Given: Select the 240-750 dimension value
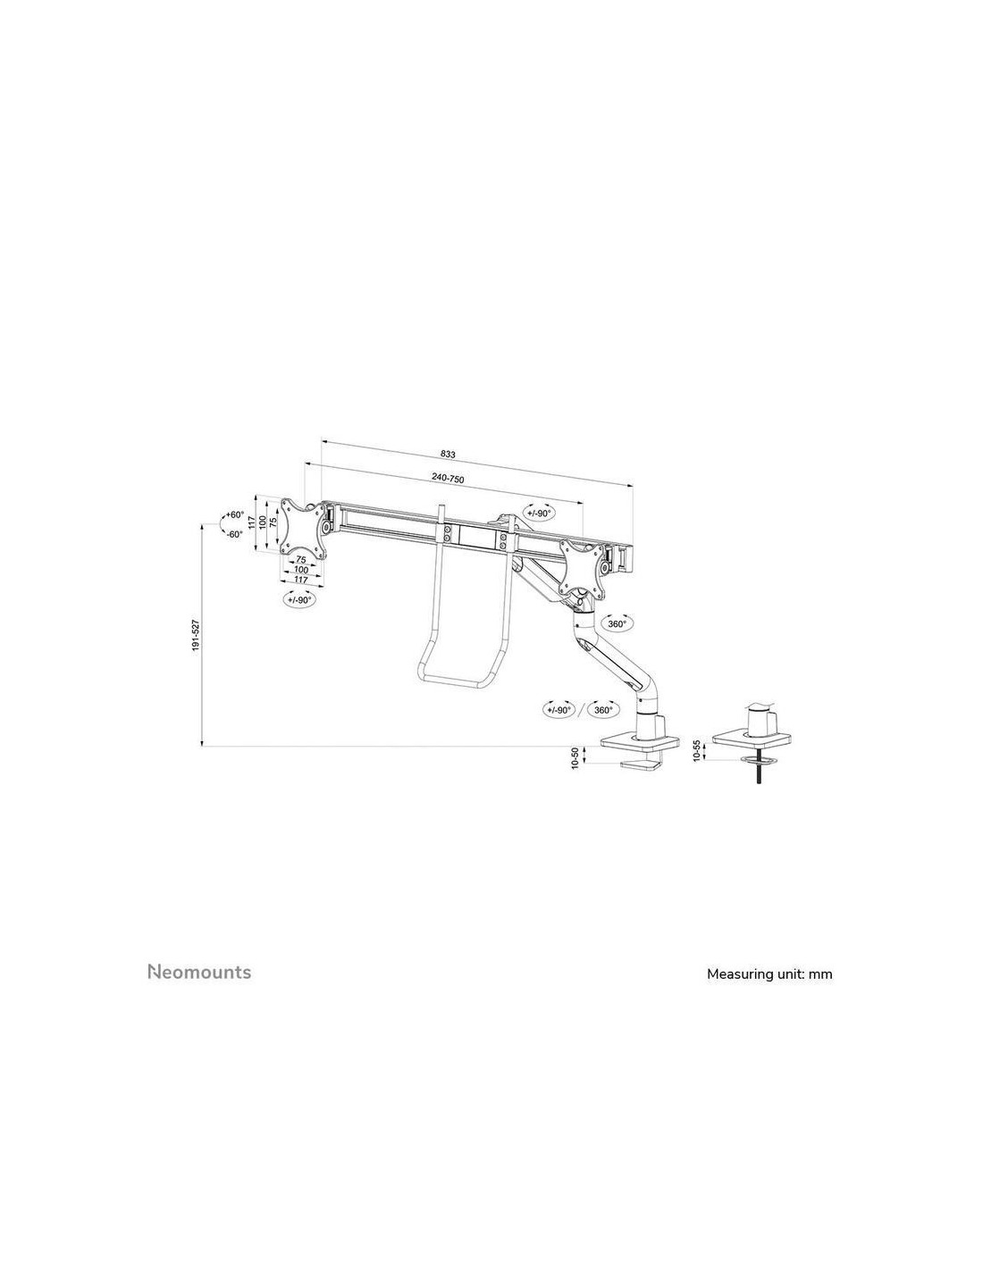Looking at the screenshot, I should coord(448,479).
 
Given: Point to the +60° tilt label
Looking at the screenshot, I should coord(234,515).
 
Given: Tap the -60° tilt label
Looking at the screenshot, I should coord(234,534).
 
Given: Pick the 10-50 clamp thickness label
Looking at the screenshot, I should coord(576,758).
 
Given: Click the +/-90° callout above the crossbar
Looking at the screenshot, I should coord(539,513).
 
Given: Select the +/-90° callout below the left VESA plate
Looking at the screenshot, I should coord(298,600).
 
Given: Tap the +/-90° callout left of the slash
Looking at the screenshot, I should coord(559,710).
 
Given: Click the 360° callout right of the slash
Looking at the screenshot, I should coord(604,710).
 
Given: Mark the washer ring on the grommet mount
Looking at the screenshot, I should coord(758,760).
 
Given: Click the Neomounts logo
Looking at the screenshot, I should coord(198,972).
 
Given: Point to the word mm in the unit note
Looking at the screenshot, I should coord(820,974).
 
